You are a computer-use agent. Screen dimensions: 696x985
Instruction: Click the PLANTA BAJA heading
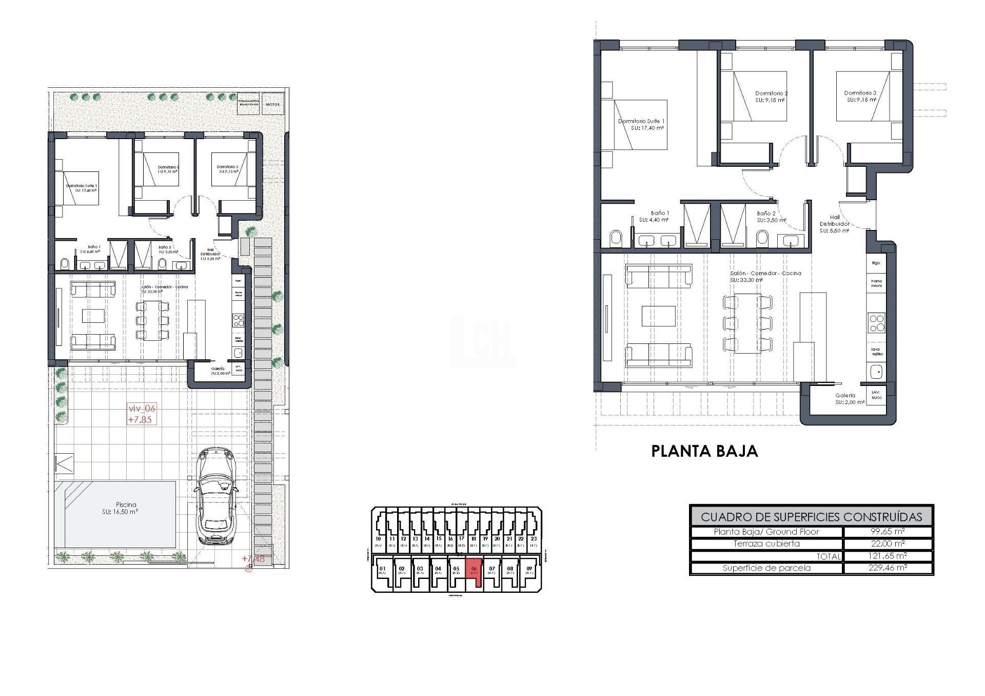point(704,451)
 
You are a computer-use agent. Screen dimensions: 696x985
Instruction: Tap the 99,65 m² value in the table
point(888,532)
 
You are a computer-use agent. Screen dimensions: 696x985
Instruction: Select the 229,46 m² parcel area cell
point(888,568)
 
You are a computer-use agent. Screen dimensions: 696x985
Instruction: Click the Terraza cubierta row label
point(766,544)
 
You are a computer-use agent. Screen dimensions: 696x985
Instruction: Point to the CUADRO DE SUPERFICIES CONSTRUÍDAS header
point(811,517)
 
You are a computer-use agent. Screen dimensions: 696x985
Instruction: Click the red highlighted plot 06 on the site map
point(475,571)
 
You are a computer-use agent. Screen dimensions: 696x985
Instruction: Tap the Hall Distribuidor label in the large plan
point(834,224)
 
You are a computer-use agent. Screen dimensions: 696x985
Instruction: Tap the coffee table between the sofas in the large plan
point(659,316)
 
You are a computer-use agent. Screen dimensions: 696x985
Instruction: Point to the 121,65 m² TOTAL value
point(888,556)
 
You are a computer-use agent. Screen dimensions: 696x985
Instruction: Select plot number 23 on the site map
point(534,539)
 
